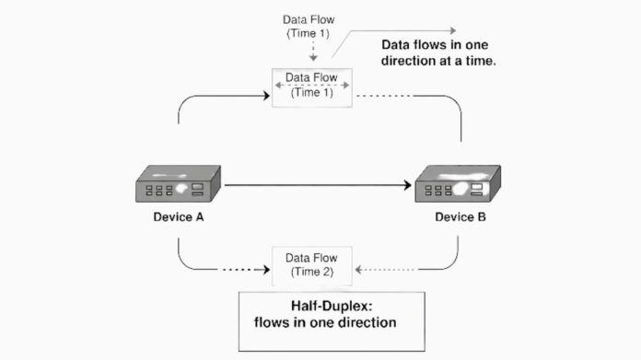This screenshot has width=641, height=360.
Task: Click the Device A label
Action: click(x=178, y=219)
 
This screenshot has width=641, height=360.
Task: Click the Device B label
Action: click(x=460, y=219)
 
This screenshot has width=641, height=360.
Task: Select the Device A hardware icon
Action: click(x=177, y=185)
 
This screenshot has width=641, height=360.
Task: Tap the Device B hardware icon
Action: click(x=457, y=185)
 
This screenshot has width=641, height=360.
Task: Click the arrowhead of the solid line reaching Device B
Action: click(x=406, y=185)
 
